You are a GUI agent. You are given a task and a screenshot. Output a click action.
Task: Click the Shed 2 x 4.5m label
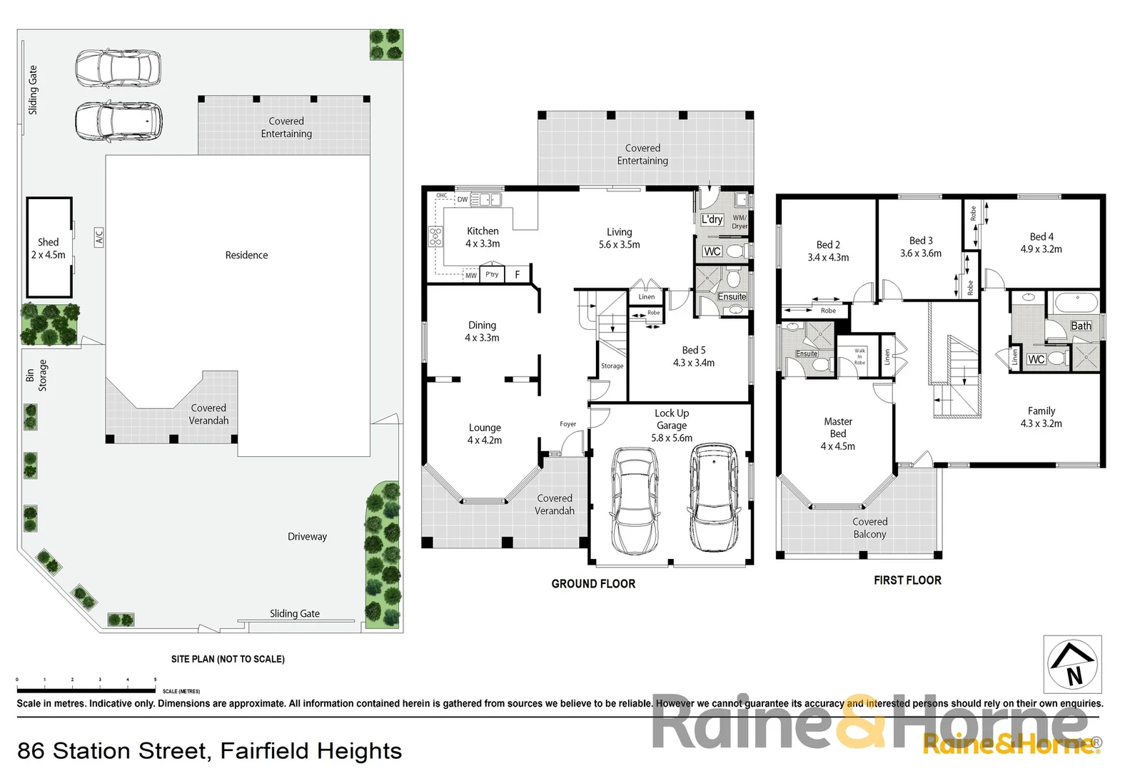point(48,248)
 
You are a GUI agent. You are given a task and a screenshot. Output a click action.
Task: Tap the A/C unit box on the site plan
point(99,237)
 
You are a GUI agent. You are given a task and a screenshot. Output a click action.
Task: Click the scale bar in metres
point(86,690)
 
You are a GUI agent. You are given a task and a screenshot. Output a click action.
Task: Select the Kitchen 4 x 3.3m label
point(483,237)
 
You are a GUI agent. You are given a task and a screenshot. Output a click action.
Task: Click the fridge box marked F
point(518,274)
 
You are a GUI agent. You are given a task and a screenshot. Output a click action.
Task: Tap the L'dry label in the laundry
point(712,219)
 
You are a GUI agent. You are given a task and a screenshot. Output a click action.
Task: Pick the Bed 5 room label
point(693,356)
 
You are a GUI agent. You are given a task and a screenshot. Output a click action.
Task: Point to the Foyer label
point(567,424)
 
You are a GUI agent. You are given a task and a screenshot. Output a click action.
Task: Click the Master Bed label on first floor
point(837,433)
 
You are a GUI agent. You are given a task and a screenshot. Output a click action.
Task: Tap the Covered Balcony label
point(869,528)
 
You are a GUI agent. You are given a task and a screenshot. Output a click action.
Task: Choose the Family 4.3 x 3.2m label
point(1041,417)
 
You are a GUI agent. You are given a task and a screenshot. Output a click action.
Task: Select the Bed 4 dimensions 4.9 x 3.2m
point(1041,249)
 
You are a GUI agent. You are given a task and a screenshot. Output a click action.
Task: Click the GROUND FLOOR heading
point(593,583)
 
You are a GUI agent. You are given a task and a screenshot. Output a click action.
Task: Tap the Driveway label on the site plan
point(307,536)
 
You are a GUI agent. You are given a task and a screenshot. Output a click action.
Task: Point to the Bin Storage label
point(36,375)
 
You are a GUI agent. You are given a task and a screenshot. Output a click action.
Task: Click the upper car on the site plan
point(118,68)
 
